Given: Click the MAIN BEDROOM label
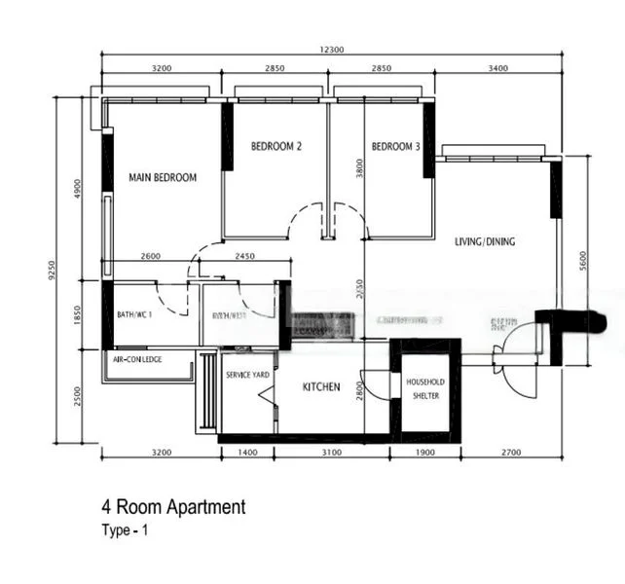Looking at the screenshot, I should coord(163,177).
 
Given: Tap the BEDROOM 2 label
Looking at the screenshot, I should coord(276,147).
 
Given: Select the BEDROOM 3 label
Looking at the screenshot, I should coord(395,147).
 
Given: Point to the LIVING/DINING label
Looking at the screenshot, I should coord(485,242).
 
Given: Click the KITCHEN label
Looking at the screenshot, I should coord(321,387).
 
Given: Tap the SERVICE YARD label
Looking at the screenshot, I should coord(247,375).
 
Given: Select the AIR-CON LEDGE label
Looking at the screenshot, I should coord(137,359).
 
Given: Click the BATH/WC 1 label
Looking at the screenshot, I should coord(134,314).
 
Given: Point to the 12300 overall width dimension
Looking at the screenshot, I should coord(331,50).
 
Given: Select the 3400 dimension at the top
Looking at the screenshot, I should coord(496,68).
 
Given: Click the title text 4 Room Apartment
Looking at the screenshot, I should coord(173,507).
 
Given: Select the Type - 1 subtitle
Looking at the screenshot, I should coord(126,530).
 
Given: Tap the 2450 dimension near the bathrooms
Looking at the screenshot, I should coord(244,256).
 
